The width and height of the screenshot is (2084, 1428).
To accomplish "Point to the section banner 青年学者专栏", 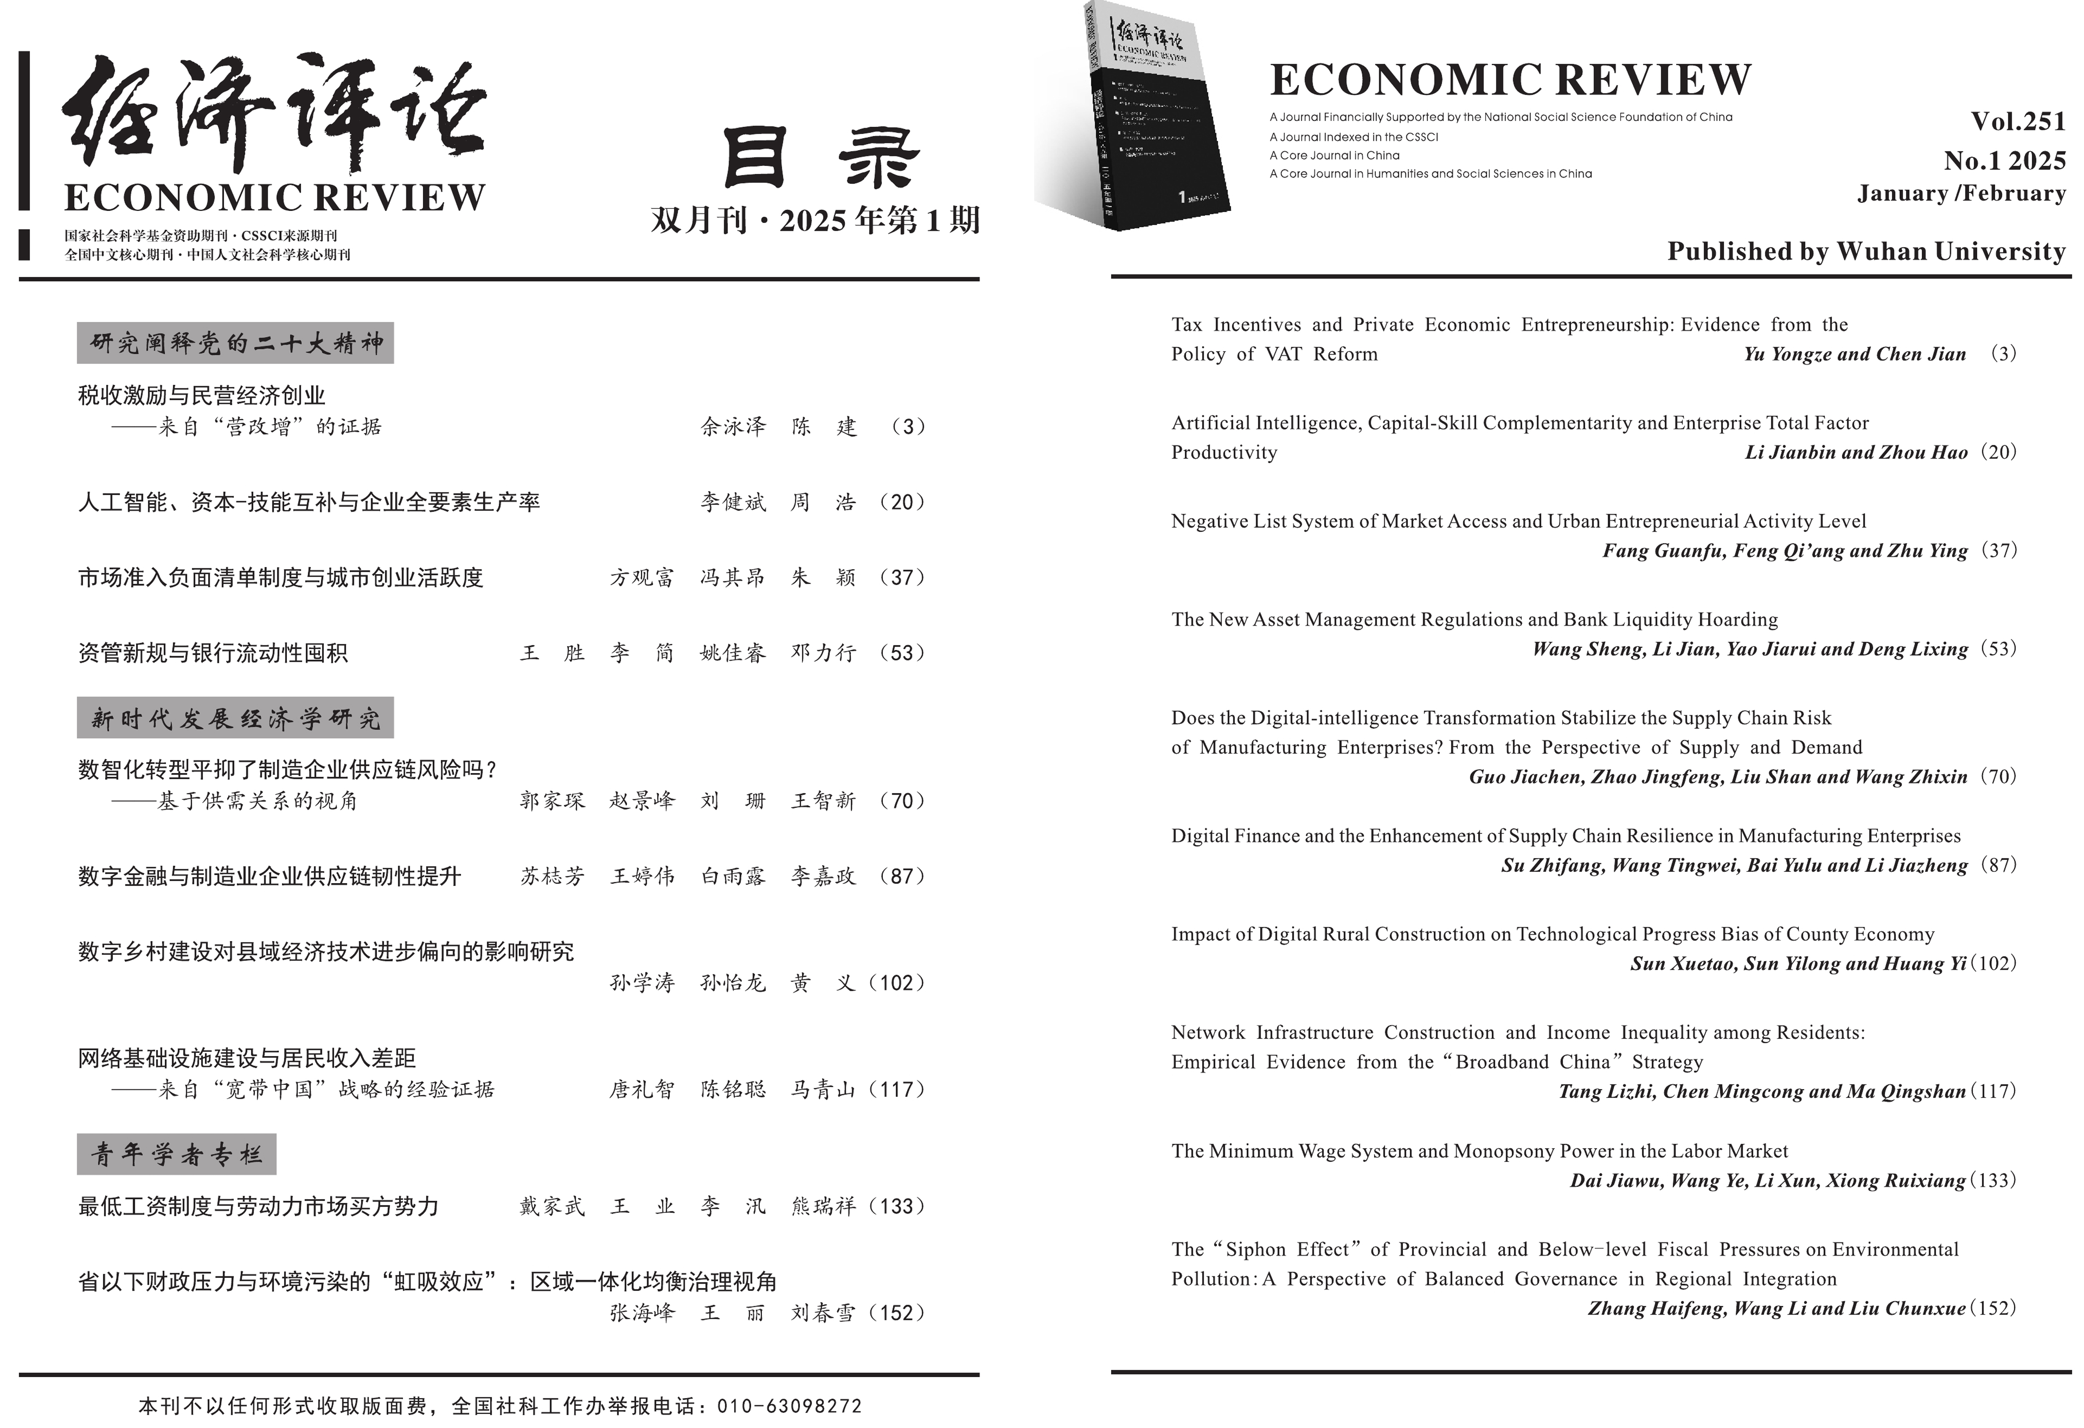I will (x=177, y=1154).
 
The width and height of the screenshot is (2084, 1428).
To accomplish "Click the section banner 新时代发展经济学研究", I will (x=235, y=718).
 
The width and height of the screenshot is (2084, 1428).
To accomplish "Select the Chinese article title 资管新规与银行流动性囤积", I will (x=213, y=653).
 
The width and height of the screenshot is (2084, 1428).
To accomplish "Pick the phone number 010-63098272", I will (x=789, y=1405).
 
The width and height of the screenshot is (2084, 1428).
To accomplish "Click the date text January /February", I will (x=1961, y=193).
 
